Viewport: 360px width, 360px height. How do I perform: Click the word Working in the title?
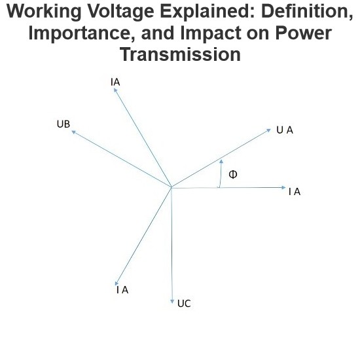coord(44,12)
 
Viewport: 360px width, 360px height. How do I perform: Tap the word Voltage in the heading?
coord(121,12)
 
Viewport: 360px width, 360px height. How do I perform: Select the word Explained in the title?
coord(207,12)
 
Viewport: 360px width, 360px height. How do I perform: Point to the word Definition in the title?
coord(307,11)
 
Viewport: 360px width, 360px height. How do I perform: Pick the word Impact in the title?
coord(211,33)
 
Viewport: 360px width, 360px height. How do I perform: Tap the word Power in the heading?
coord(304,33)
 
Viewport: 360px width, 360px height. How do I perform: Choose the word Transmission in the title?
coord(180,54)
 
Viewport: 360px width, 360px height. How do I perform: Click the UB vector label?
coord(63,124)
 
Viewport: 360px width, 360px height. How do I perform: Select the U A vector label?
coord(285,130)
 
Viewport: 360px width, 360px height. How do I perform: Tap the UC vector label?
coord(184,304)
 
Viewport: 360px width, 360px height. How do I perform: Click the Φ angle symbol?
coord(233,175)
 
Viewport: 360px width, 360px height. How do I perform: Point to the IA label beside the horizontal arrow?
coord(295,192)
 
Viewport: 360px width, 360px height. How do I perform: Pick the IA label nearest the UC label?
coord(122,290)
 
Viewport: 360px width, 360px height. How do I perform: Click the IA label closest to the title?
coord(115,82)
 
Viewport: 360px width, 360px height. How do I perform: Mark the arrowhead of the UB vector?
coord(73,132)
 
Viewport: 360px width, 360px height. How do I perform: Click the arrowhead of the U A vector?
coord(268,130)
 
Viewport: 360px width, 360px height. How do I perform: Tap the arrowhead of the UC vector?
coord(172,302)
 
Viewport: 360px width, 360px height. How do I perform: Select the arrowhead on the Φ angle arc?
coord(221,161)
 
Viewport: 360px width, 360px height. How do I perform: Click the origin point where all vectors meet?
coord(171,188)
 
